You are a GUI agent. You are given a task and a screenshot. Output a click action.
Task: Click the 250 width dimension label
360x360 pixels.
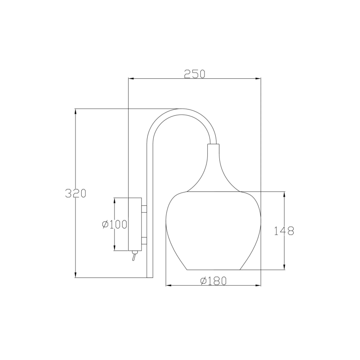195,74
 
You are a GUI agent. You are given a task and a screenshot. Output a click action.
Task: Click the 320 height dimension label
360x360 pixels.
75,193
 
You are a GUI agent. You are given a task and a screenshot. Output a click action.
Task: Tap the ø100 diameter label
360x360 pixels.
114,224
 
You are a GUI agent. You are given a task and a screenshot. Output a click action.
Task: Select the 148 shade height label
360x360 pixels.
284,231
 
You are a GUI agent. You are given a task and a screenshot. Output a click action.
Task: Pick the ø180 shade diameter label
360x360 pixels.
214,280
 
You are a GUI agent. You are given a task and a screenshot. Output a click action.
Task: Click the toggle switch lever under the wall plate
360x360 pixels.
134,255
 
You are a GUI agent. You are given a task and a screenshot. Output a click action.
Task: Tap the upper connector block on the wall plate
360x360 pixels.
144,209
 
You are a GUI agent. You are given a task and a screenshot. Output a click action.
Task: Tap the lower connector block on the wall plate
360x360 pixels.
144,241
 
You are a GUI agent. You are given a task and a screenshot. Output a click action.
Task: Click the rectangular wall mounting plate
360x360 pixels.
135,224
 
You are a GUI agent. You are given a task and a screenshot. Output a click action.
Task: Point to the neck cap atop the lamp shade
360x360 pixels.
213,147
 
